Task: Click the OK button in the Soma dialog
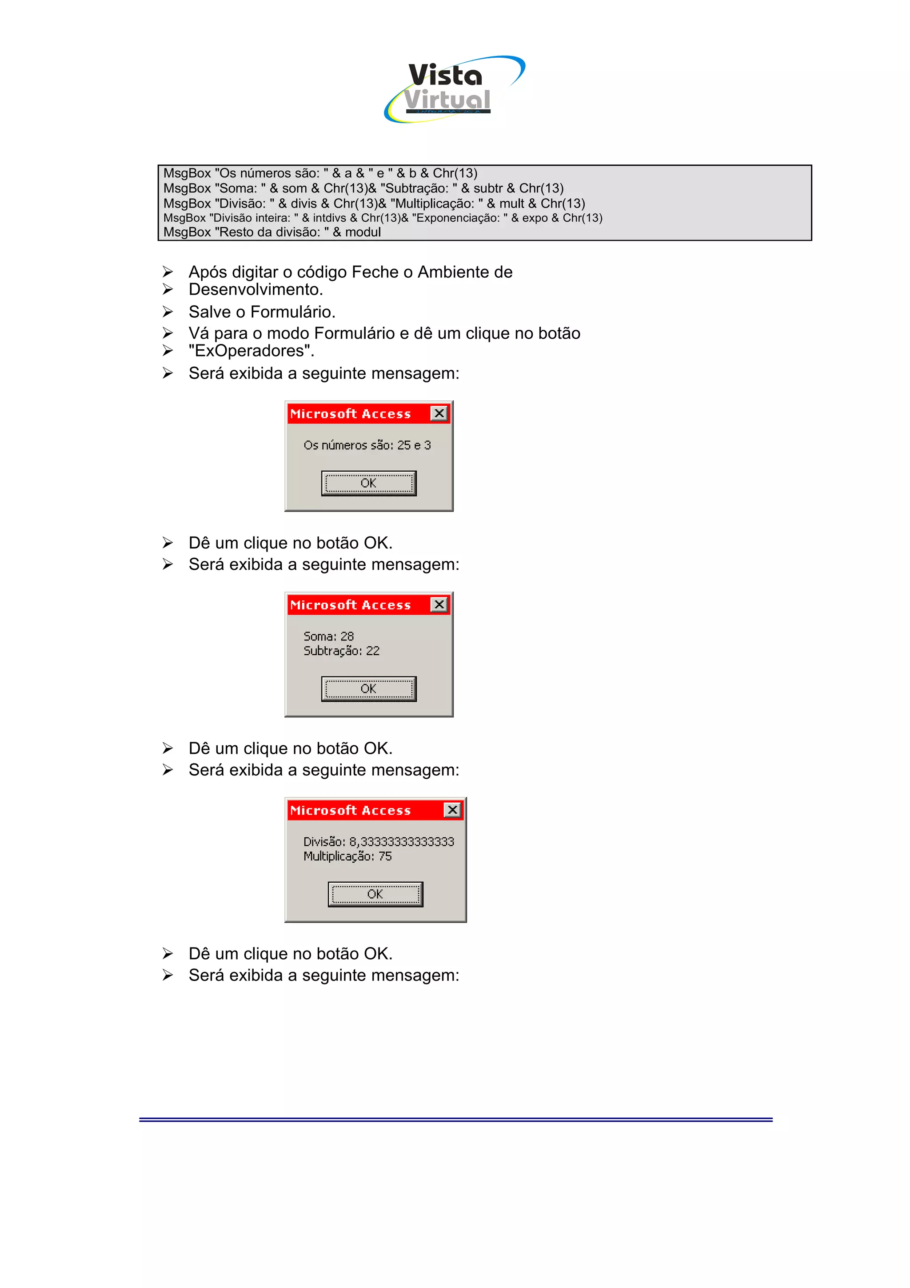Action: (368, 688)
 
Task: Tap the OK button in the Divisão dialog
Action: (375, 894)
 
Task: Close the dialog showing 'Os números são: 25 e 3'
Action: (439, 413)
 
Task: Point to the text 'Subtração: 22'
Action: (341, 651)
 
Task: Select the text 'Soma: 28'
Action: (328, 636)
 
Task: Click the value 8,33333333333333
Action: (401, 841)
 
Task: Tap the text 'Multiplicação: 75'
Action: (347, 856)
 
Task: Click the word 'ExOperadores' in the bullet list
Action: (251, 351)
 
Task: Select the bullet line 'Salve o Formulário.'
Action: (262, 312)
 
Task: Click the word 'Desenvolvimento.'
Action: (255, 289)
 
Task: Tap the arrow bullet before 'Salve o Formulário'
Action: (168, 312)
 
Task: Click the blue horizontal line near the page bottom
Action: (455, 1119)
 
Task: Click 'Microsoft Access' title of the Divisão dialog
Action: (351, 810)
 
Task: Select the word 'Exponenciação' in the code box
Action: (455, 218)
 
